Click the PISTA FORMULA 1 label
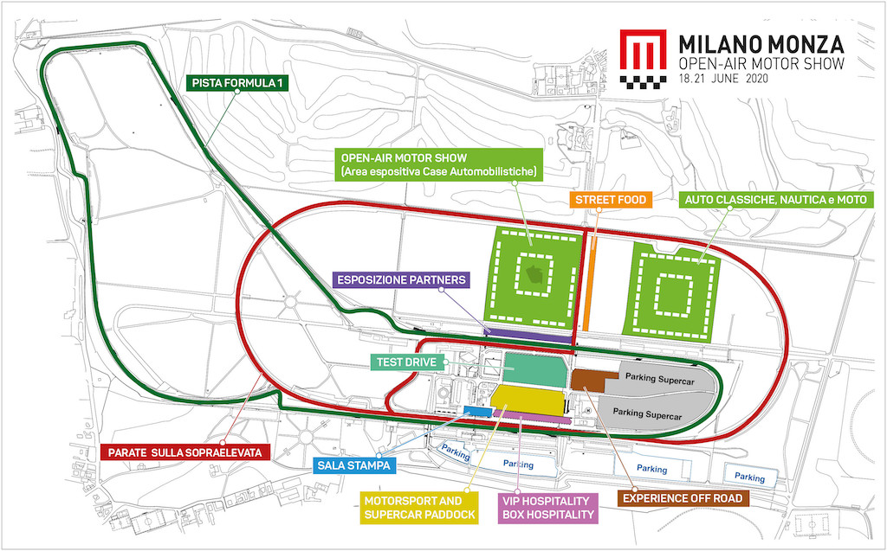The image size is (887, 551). point(236,83)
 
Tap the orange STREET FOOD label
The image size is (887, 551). point(611,200)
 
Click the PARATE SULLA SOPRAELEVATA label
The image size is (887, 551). point(185,452)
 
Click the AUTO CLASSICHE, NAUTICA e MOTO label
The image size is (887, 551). point(776,200)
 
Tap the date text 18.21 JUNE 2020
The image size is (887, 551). point(723,78)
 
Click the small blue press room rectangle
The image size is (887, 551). point(477,410)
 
